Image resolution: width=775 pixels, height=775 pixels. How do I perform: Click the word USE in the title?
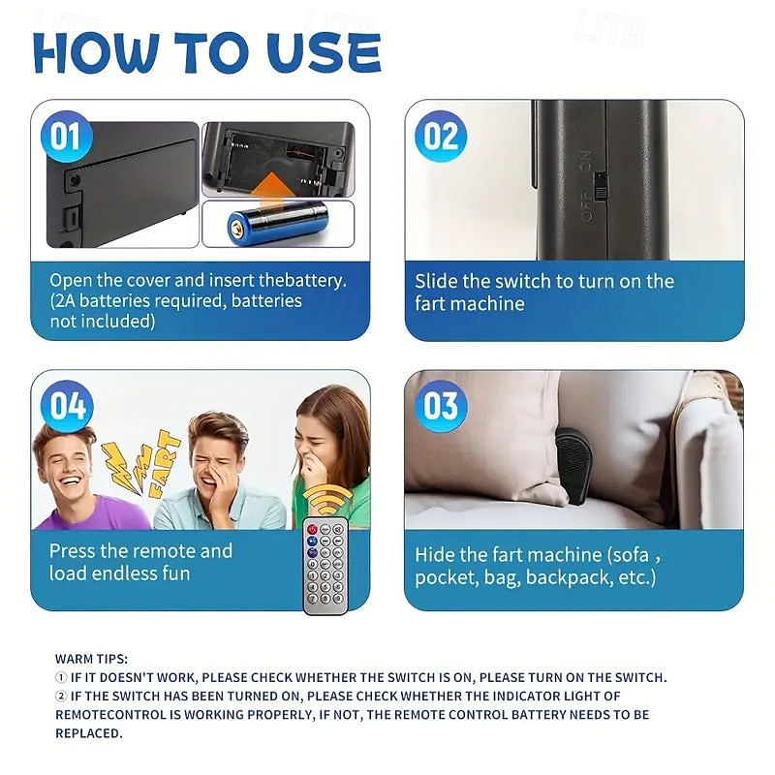(324, 53)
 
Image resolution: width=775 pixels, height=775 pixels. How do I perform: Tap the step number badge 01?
(66, 136)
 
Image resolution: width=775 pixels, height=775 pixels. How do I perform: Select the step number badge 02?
(441, 136)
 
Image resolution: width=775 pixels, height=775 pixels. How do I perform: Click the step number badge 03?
(441, 406)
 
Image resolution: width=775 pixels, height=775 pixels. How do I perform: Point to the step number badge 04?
(66, 406)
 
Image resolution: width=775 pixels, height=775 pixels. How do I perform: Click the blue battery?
(277, 224)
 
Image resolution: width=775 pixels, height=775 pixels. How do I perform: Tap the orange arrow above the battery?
(270, 190)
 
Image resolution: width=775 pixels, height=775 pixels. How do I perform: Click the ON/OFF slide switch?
(600, 186)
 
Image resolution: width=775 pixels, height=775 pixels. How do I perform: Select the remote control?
(325, 565)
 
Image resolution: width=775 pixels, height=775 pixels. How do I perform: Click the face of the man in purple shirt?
(66, 465)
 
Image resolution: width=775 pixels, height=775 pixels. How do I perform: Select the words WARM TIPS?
(91, 659)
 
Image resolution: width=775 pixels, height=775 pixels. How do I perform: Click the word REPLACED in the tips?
(87, 733)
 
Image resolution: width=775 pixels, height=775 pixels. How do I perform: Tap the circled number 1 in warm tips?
(61, 677)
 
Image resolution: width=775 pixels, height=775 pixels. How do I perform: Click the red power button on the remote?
(312, 529)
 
